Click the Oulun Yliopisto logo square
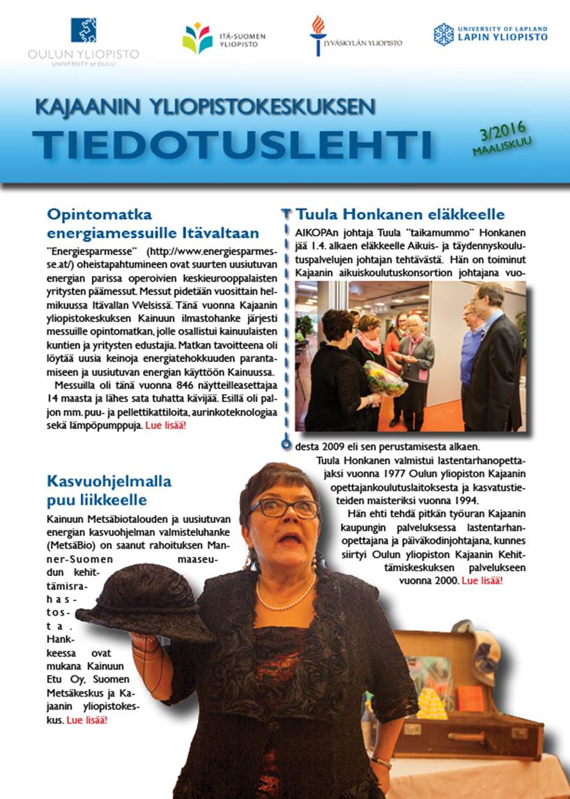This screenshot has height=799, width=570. (83, 30)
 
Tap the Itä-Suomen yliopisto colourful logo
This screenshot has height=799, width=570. (197, 38)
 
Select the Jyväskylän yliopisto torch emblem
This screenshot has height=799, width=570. (318, 33)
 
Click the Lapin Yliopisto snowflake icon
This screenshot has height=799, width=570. (443, 33)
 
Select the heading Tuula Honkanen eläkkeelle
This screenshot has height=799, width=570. (400, 214)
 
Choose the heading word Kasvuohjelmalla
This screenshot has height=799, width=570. (109, 481)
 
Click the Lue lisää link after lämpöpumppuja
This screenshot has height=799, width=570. (166, 425)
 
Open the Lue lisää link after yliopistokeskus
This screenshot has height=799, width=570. (86, 719)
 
